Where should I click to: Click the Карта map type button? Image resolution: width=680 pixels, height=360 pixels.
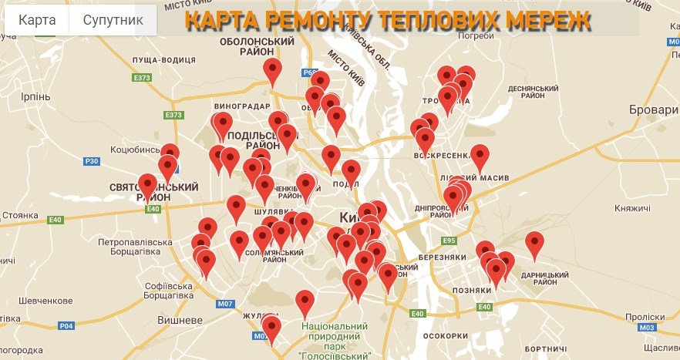pyautogui.click(x=37, y=20)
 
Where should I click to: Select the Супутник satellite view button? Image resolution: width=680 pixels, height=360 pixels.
pyautogui.click(x=113, y=20)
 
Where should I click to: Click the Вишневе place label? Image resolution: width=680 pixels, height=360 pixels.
pyautogui.click(x=178, y=319)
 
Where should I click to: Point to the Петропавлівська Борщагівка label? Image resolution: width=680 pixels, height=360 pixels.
pyautogui.click(x=135, y=247)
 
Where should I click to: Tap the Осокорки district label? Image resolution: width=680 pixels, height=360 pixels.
pyautogui.click(x=446, y=336)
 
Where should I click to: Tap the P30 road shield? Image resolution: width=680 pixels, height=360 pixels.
pyautogui.click(x=92, y=161)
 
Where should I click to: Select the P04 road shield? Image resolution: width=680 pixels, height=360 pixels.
pyautogui.click(x=67, y=326)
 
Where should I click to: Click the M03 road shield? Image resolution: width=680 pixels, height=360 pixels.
pyautogui.click(x=648, y=327)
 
